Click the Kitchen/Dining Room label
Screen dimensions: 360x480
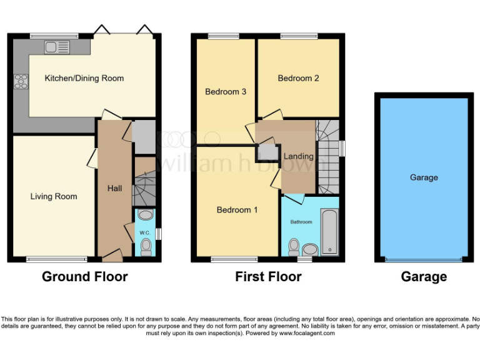click(x=84, y=78)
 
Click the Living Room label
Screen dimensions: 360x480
click(x=54, y=196)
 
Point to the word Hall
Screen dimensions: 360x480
click(x=114, y=187)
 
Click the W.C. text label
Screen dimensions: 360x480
click(x=144, y=233)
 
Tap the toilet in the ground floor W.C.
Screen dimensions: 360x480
click(x=146, y=248)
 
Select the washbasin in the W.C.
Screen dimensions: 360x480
click(x=145, y=215)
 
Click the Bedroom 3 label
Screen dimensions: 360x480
click(x=226, y=91)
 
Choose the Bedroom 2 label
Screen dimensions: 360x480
click(x=298, y=78)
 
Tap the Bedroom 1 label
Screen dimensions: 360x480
click(x=237, y=210)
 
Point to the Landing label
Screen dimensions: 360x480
click(x=299, y=156)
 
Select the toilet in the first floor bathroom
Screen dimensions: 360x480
click(x=294, y=247)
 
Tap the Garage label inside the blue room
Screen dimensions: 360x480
click(x=423, y=177)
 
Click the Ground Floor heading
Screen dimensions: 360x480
click(x=84, y=277)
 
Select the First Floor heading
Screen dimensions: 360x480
click(x=268, y=277)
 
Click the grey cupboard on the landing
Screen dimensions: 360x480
click(x=268, y=152)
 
